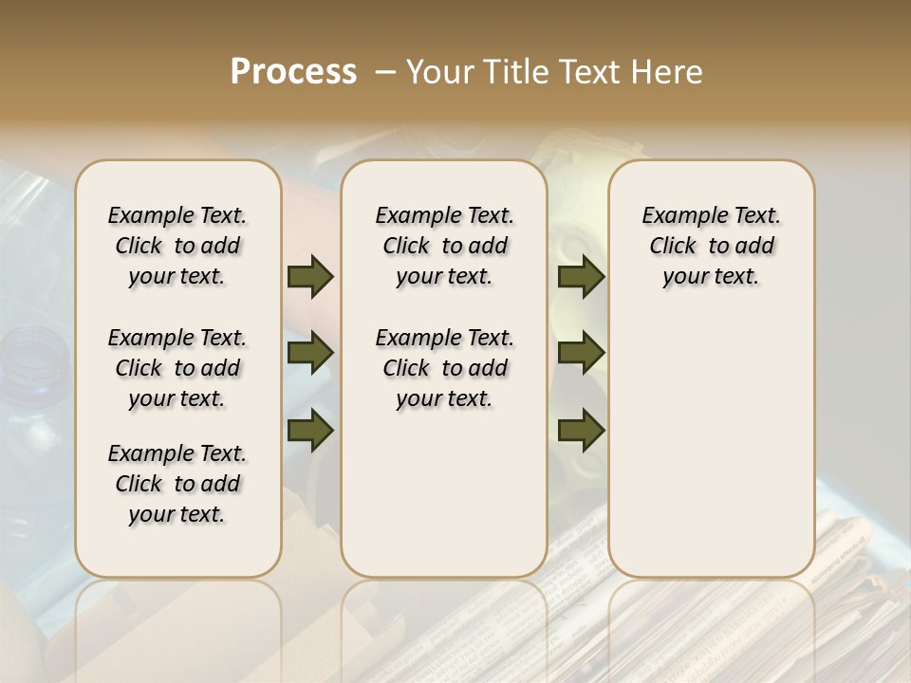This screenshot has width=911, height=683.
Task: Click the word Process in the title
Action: pyautogui.click(x=293, y=72)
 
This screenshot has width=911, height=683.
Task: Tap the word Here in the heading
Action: pyautogui.click(x=667, y=72)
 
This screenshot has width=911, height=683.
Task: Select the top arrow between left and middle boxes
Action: pyautogui.click(x=310, y=276)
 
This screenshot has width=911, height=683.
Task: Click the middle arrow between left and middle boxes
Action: pyautogui.click(x=310, y=353)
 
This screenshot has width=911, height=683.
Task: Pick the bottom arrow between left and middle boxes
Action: pyautogui.click(x=310, y=431)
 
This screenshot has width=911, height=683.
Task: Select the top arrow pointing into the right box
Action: pyautogui.click(x=581, y=276)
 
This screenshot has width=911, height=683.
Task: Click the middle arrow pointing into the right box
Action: pyautogui.click(x=581, y=353)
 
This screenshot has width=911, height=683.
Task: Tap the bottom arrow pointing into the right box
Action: pyautogui.click(x=581, y=431)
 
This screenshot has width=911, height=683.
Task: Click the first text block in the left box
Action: pyautogui.click(x=177, y=246)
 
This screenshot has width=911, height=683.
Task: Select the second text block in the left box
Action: pyautogui.click(x=177, y=368)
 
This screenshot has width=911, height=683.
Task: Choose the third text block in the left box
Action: pyautogui.click(x=177, y=484)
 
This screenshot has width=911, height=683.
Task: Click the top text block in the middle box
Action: pyautogui.click(x=444, y=246)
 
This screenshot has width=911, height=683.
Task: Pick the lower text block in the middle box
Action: pyautogui.click(x=444, y=368)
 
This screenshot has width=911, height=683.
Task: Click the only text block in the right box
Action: pyautogui.click(x=711, y=246)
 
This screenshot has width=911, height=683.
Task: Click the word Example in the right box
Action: pyautogui.click(x=678, y=216)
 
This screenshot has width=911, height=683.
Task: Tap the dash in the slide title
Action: pyautogui.click(x=385, y=72)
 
